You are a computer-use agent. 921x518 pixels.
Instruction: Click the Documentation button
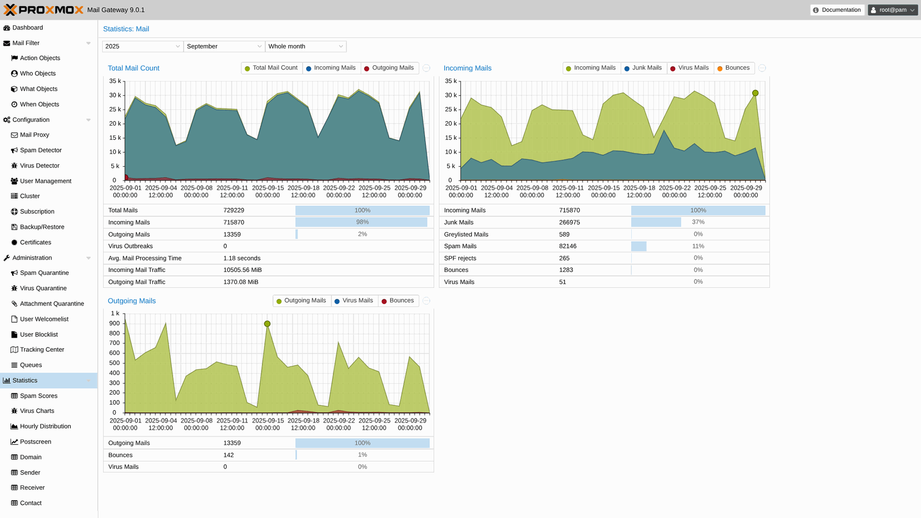point(837,10)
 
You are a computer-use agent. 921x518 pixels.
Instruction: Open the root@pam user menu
point(892,10)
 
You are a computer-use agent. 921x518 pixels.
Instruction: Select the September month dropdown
point(224,47)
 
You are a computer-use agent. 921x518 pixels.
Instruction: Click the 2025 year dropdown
point(142,47)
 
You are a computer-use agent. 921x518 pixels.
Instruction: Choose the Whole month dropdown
point(306,47)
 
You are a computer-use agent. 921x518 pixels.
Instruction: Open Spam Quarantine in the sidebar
point(44,273)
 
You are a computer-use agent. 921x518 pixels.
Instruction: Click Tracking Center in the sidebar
point(42,350)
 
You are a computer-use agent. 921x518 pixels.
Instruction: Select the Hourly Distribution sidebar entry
point(45,426)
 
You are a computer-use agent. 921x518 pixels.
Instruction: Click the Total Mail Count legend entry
point(272,68)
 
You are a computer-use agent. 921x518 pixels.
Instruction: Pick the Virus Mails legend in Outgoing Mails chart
point(354,301)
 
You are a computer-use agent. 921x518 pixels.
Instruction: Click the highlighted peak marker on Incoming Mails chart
point(756,93)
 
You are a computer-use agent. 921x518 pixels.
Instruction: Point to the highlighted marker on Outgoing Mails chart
point(267,324)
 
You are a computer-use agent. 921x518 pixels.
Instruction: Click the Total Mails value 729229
point(234,211)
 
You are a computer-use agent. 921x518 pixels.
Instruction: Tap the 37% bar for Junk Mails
point(656,222)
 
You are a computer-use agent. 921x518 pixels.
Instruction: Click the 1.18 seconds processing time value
point(242,258)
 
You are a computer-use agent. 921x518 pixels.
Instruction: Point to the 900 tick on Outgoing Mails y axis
point(114,323)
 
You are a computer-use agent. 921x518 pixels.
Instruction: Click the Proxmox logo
point(44,10)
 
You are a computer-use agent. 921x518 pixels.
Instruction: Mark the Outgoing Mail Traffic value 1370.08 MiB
point(241,282)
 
